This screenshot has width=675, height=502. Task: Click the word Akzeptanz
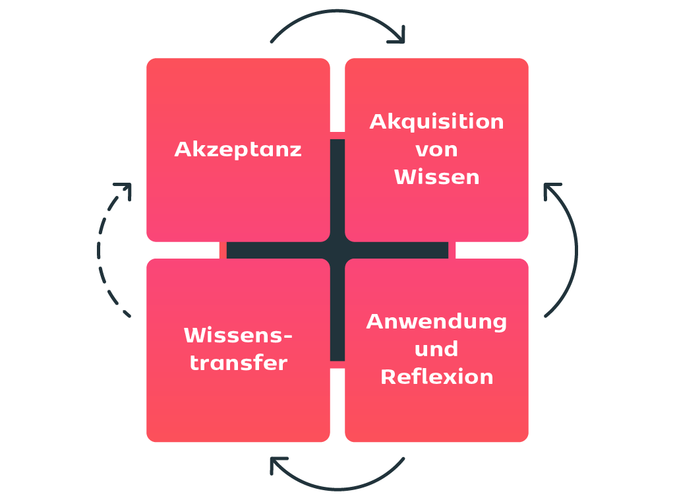[238, 150]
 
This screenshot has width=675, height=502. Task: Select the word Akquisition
[436, 122]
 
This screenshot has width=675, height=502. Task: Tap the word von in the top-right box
[436, 150]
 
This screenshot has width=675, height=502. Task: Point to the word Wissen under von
[436, 177]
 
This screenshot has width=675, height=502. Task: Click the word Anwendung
[436, 322]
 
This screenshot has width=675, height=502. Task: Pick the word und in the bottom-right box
[436, 349]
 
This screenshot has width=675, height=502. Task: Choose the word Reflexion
[436, 377]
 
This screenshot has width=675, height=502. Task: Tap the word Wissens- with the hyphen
[238, 335]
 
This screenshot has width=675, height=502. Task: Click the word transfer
[238, 363]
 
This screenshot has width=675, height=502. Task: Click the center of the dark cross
[337, 251]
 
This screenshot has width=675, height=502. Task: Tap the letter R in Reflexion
[388, 377]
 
